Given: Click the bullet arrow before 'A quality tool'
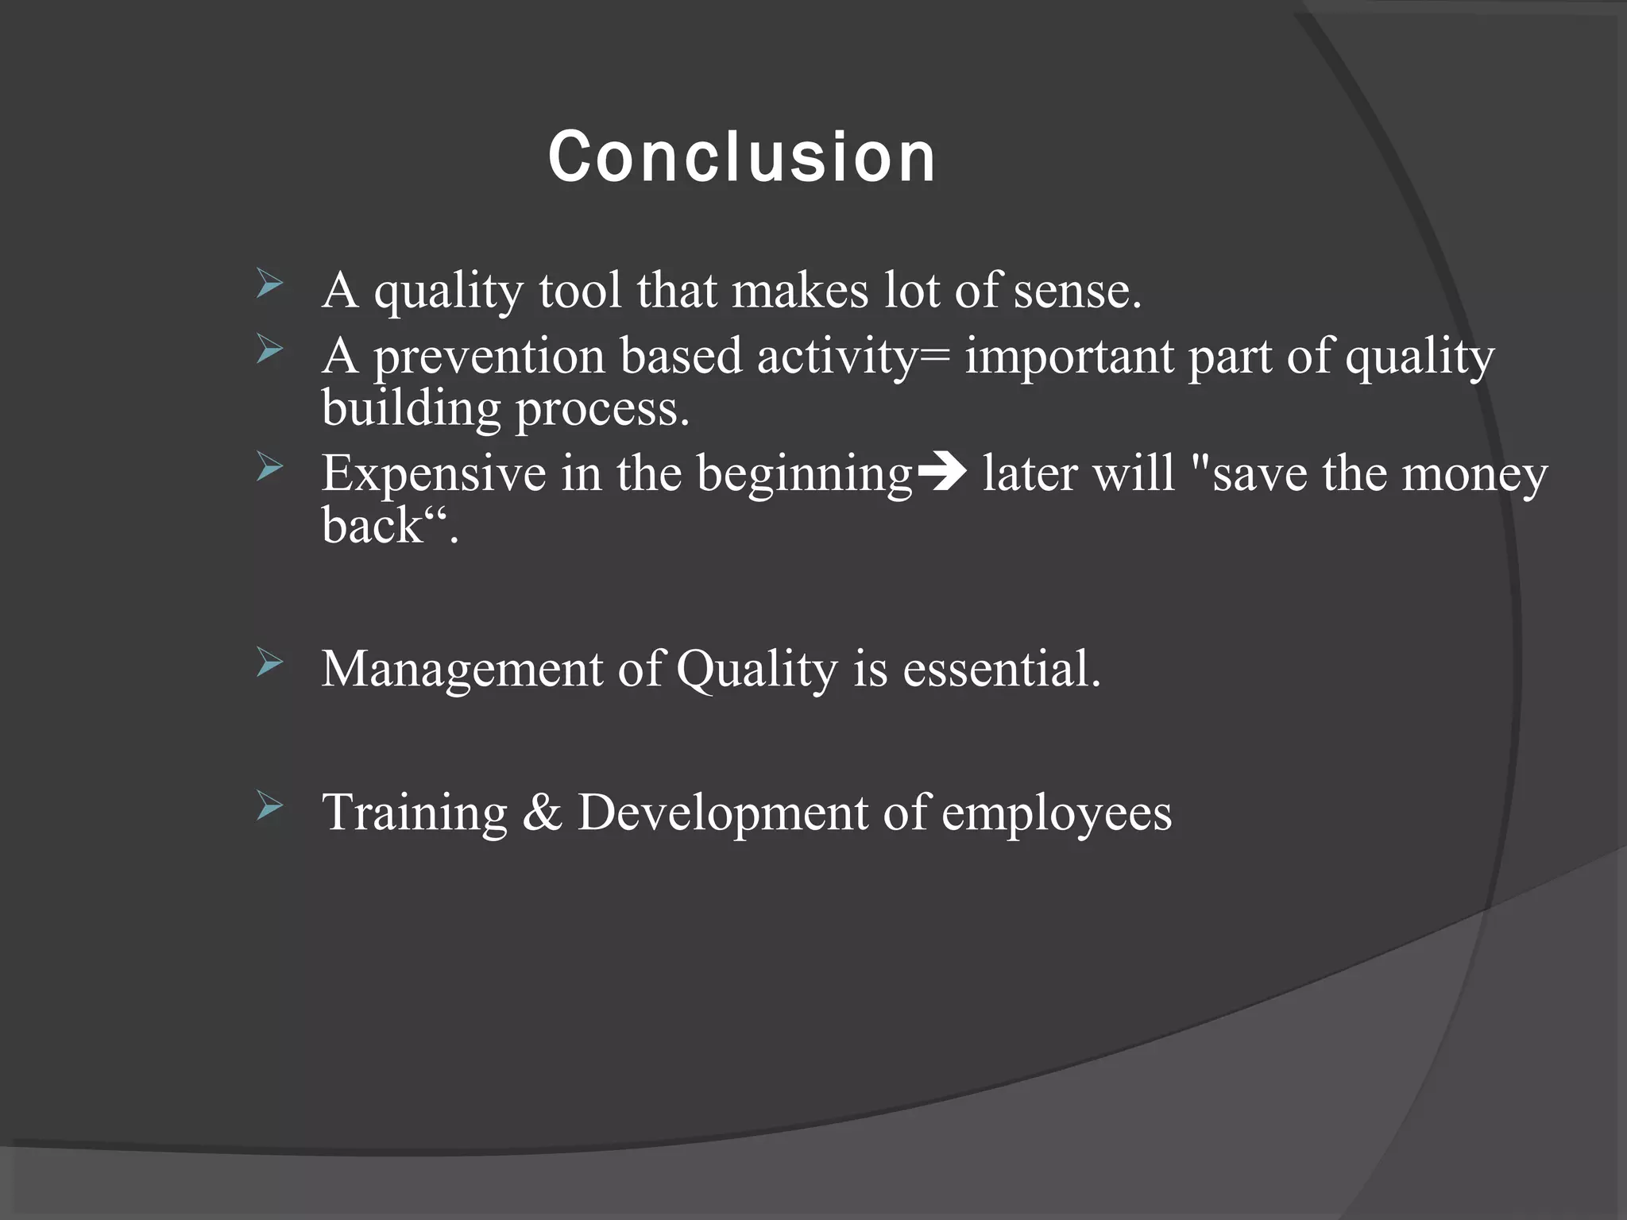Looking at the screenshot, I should click(270, 284).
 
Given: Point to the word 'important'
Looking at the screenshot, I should click(1069, 357).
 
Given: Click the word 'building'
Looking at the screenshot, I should click(411, 409).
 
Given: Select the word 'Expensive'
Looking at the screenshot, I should click(435, 473).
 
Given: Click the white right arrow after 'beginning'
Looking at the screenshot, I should click(941, 473).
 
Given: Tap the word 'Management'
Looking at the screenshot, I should click(462, 669).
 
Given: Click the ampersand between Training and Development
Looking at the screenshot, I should click(542, 813).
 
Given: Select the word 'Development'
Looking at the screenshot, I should click(721, 814).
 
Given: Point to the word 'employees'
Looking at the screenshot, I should click(1056, 814).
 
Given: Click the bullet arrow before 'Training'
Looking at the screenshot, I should click(270, 806).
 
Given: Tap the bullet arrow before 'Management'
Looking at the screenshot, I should click(270, 662).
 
